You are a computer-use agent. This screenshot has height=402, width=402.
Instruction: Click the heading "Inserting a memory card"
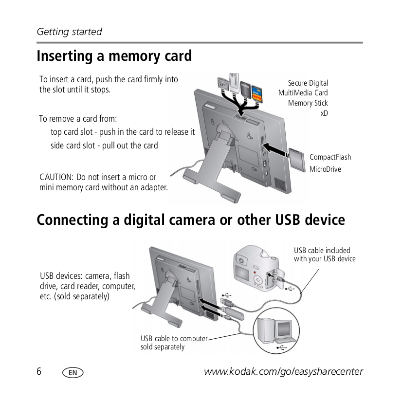114,56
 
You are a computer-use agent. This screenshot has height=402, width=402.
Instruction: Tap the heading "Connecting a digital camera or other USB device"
191,220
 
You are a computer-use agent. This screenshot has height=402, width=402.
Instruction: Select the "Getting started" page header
70,32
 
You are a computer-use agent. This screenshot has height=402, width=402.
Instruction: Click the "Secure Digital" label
308,83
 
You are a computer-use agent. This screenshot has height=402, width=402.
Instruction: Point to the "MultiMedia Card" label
303,93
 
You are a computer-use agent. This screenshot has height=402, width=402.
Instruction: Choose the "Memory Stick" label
308,103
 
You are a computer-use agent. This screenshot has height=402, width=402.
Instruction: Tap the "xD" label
324,113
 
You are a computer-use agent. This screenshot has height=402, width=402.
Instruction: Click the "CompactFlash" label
330,157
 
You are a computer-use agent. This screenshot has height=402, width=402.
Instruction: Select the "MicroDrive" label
325,169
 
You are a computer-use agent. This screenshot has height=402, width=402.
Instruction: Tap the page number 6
39,372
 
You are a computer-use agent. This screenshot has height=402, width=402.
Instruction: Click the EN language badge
73,373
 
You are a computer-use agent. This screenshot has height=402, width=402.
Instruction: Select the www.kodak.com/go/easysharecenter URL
283,372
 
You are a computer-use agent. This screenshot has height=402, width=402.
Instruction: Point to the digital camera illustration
256,268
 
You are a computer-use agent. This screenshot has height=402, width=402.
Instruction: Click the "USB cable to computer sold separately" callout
174,343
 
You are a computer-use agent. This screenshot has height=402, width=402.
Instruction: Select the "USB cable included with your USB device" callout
324,255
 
